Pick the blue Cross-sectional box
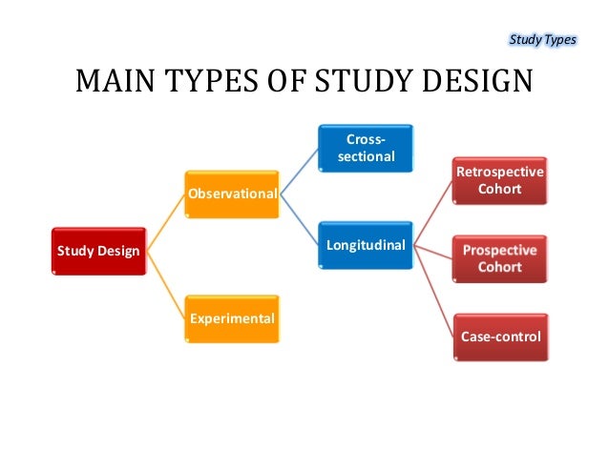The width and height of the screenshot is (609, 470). tap(366, 148)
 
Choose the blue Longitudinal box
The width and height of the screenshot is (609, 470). tap(366, 246)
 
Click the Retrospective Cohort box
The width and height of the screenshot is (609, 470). tap(500, 181)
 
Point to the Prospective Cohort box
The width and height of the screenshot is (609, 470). tap(500, 258)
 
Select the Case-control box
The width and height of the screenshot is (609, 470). tap(500, 337)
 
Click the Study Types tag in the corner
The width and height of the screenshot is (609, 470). tap(541, 39)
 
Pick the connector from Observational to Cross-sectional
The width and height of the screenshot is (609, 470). tap(300, 172)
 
